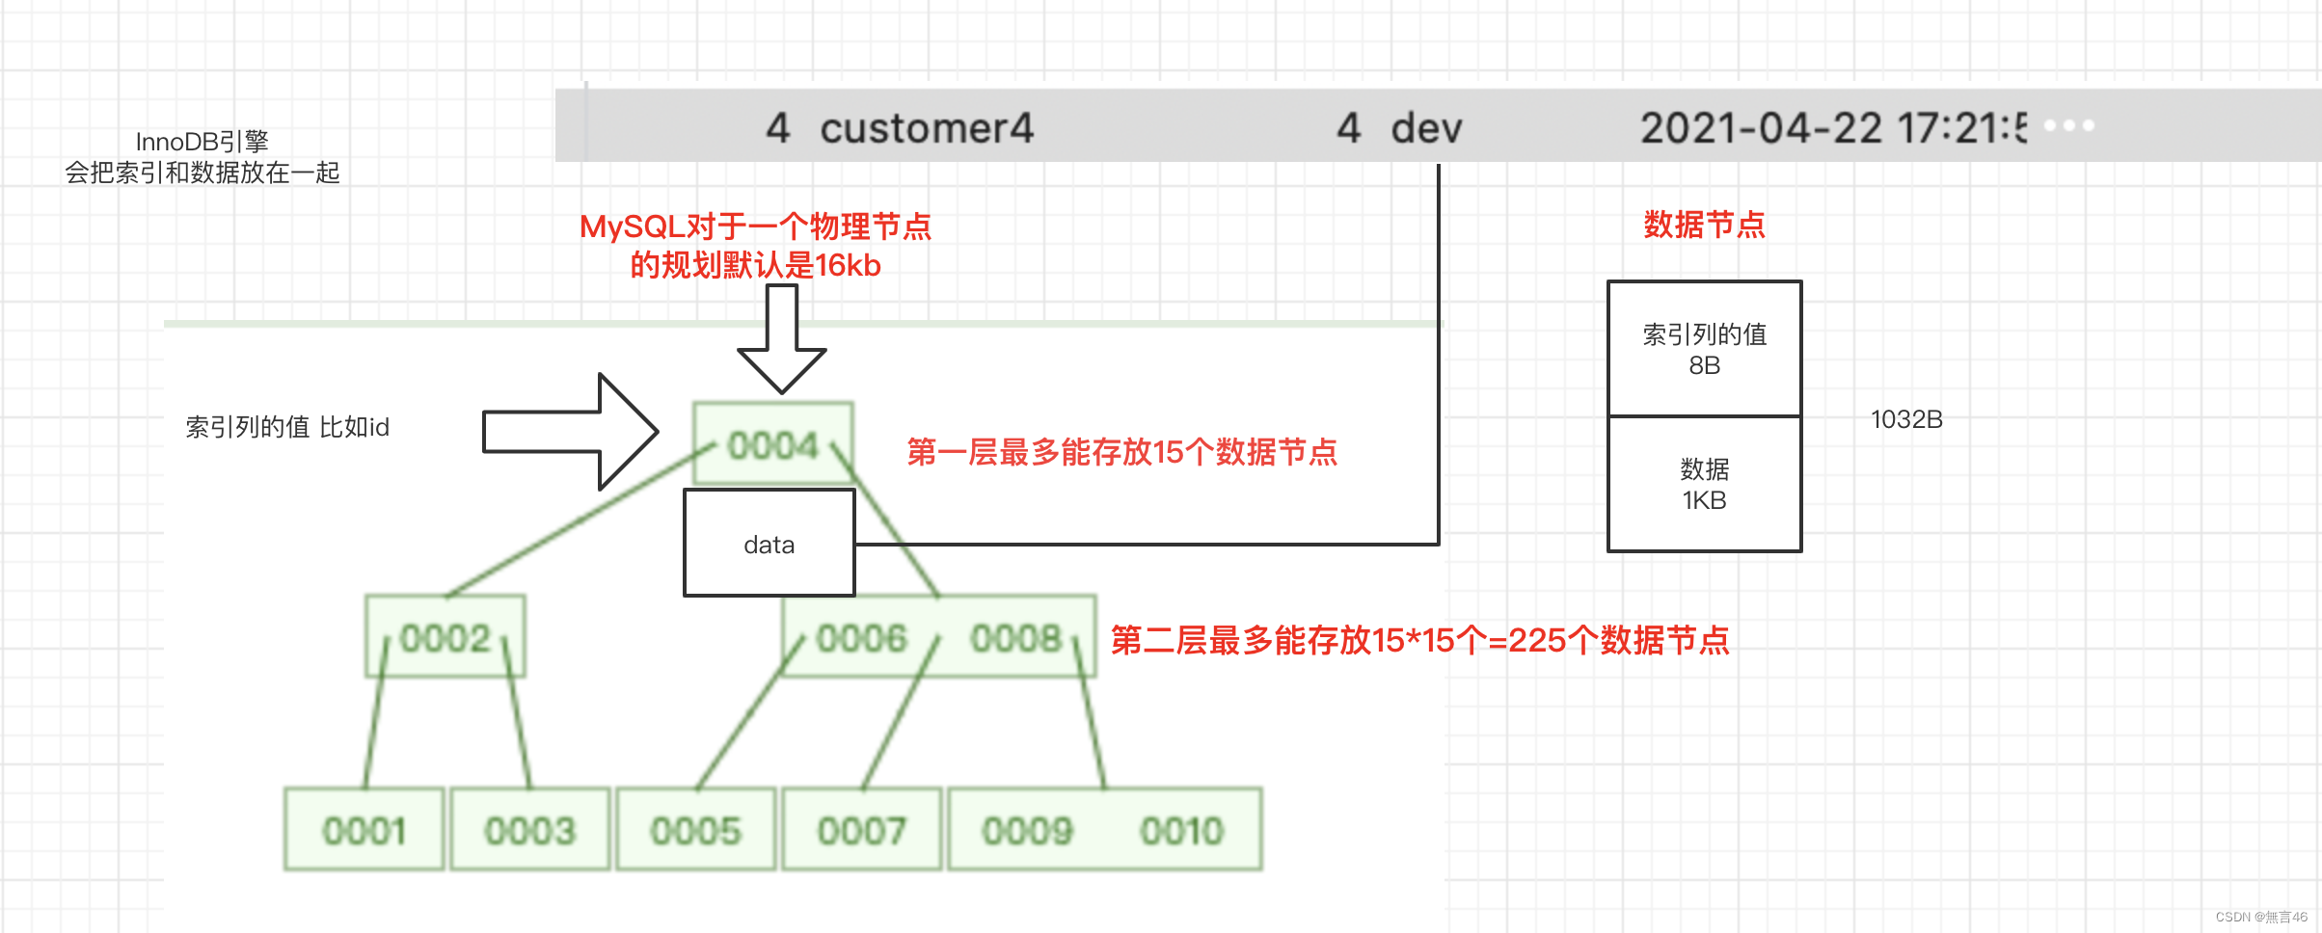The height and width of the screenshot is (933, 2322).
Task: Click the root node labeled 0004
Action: pos(772,444)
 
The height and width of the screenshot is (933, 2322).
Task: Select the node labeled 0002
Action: pos(445,637)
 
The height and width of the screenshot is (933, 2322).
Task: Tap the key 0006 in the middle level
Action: pos(861,637)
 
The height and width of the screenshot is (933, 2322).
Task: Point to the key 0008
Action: pos(1015,637)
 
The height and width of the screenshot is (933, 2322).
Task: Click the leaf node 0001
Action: pos(364,830)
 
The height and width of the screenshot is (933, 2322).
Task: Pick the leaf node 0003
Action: pos(530,830)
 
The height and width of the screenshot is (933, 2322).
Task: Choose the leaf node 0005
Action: pos(695,830)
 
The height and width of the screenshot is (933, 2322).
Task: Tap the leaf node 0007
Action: pos(861,830)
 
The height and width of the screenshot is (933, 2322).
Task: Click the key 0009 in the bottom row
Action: pos(1027,830)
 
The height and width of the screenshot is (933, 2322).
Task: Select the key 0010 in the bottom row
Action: pos(1181,830)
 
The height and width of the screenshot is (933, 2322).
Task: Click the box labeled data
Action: pos(769,544)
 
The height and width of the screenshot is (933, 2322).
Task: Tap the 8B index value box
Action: pos(1704,349)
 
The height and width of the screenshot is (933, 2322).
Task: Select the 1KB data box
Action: pos(1704,484)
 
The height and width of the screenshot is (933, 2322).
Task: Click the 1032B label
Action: pos(1906,419)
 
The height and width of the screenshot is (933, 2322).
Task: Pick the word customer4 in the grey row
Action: pos(926,128)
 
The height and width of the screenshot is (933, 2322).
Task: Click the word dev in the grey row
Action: pos(1426,128)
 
